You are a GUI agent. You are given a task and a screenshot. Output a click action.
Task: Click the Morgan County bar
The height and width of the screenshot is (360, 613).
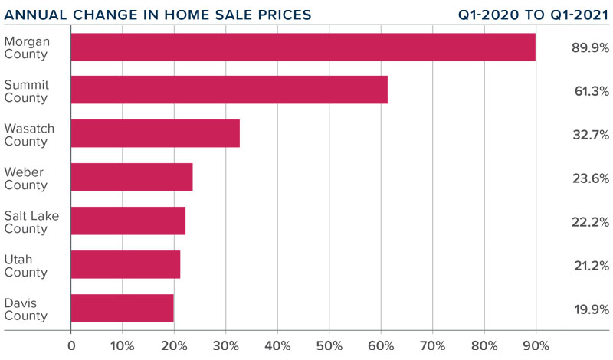tap(303, 47)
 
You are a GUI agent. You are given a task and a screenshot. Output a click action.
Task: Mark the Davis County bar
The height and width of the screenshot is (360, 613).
tap(122, 308)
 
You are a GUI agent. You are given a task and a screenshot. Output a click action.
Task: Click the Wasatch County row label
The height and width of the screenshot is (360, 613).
tap(29, 135)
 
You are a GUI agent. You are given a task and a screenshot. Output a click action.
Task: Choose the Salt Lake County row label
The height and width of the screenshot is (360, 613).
tap(31, 221)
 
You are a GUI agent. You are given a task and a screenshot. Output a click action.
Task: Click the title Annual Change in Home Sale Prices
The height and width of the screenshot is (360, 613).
tap(156, 13)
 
